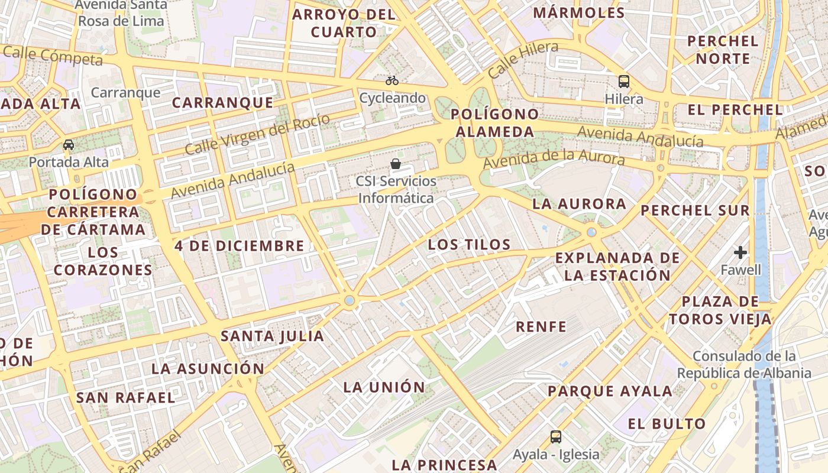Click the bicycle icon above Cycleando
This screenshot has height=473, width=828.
(x=392, y=80)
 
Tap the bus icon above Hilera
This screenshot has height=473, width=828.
(x=624, y=82)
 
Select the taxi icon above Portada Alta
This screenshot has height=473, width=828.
(x=69, y=145)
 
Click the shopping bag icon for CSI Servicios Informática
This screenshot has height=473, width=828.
(x=396, y=164)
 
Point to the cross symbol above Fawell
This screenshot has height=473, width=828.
(x=740, y=253)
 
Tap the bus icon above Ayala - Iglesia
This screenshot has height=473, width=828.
(x=556, y=437)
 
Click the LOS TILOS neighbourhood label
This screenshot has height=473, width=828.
(x=469, y=244)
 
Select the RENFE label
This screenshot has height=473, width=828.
(x=541, y=326)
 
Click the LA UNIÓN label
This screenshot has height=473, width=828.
(x=384, y=387)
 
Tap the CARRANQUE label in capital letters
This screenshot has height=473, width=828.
(x=223, y=102)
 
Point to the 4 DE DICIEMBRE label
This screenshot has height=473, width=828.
(x=240, y=245)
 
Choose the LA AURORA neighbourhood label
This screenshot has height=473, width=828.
(x=571, y=204)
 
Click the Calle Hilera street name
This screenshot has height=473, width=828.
(x=523, y=60)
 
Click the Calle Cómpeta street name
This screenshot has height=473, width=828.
(x=53, y=56)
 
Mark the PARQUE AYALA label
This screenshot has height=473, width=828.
(x=610, y=391)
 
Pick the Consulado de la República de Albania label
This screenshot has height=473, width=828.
(x=744, y=365)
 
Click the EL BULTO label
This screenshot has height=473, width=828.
(x=667, y=423)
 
